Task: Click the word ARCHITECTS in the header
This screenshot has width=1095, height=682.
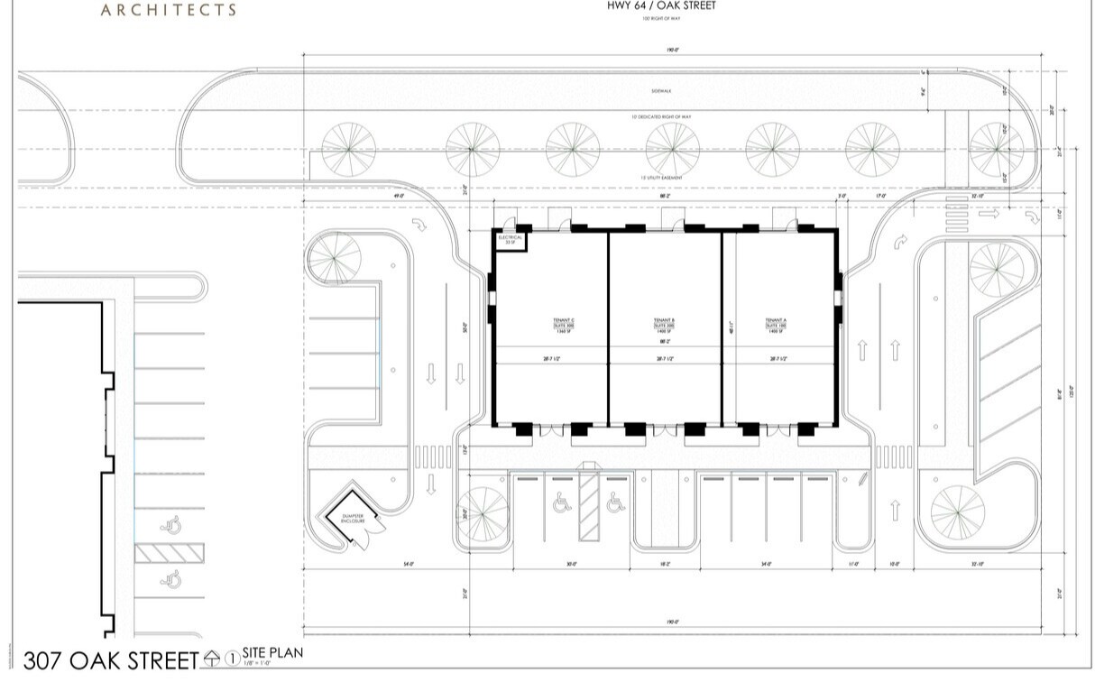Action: (169, 11)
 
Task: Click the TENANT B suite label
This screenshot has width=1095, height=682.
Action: (665, 326)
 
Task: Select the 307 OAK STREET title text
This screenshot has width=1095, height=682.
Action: (110, 661)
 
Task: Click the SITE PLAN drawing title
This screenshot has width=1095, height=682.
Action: (272, 653)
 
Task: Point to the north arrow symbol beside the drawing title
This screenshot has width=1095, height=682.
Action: (213, 659)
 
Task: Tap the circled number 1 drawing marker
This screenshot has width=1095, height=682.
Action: (232, 659)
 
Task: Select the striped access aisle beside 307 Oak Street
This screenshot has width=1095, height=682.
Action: (170, 552)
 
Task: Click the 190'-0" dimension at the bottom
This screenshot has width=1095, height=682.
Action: (672, 622)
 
